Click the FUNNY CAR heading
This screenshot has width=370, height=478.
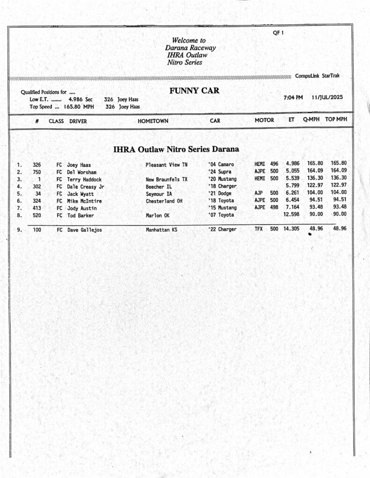[x=194, y=91]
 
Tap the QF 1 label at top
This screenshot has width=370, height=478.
[x=278, y=33]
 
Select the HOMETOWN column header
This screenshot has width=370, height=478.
[x=153, y=121]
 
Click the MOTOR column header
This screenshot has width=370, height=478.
[x=264, y=120]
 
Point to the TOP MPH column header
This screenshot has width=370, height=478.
[x=336, y=120]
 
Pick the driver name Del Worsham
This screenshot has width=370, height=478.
[x=81, y=172]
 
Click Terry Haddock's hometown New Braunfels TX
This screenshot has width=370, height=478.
[x=166, y=179]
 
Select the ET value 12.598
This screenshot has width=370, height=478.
[x=291, y=214]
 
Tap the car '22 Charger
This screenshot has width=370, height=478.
[x=222, y=230]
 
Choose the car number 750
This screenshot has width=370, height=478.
[x=36, y=172]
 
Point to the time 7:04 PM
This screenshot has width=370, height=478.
[x=293, y=98]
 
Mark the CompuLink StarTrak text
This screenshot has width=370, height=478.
[x=317, y=76]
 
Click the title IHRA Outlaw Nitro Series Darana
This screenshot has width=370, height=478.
[x=176, y=150]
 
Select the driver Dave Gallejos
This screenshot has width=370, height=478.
[x=84, y=230]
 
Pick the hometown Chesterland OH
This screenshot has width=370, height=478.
[x=164, y=201]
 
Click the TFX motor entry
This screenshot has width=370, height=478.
[x=259, y=229]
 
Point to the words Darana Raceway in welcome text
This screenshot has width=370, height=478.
[x=190, y=48]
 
